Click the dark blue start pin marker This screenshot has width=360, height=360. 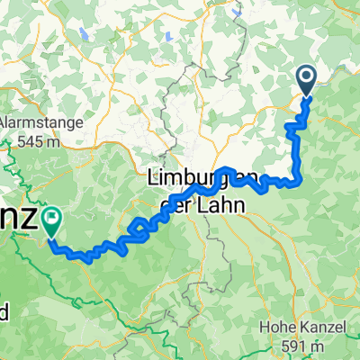tap(306, 80)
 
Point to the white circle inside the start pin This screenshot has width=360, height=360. tap(306, 77)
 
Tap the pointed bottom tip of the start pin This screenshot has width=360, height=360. tap(306, 95)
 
